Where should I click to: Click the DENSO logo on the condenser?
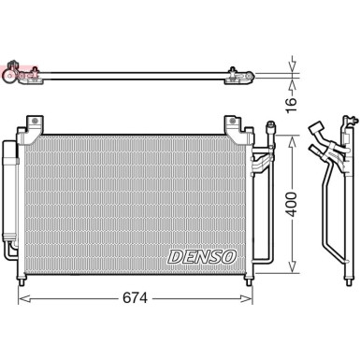click(x=202, y=254)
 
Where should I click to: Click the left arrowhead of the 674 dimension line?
click(x=23, y=299)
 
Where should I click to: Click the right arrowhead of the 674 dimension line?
click(x=250, y=299)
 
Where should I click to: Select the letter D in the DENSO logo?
click(x=174, y=254)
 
